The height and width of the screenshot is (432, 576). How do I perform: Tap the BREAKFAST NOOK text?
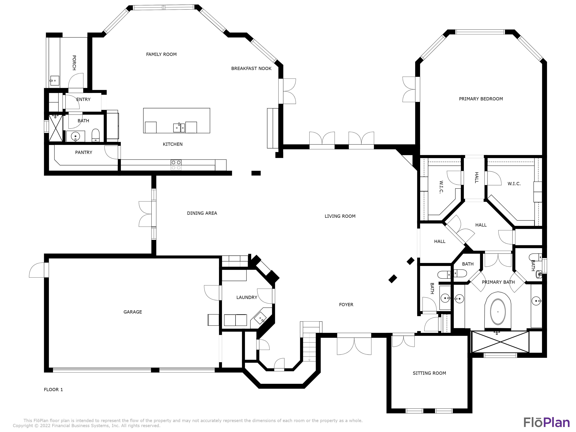coord(251,69)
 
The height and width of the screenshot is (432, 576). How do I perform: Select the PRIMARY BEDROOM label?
coord(481,99)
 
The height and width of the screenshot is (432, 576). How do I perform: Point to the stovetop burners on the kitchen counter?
coord(176,165)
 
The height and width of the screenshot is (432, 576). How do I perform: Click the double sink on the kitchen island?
coord(179,128)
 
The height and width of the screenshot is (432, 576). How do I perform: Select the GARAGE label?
coord(132,312)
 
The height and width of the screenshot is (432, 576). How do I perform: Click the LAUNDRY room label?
coord(247,297)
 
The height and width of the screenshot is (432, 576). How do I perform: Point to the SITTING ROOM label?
coord(429,373)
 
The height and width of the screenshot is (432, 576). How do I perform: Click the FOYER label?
coord(346,305)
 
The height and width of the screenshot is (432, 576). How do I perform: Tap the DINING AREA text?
coord(202,213)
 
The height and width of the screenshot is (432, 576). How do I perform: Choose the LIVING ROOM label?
coord(340,216)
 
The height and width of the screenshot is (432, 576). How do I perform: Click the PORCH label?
coord(74,63)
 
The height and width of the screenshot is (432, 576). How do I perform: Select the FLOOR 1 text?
coord(53,390)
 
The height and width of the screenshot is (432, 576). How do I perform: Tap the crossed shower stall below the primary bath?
coord(500,342)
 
